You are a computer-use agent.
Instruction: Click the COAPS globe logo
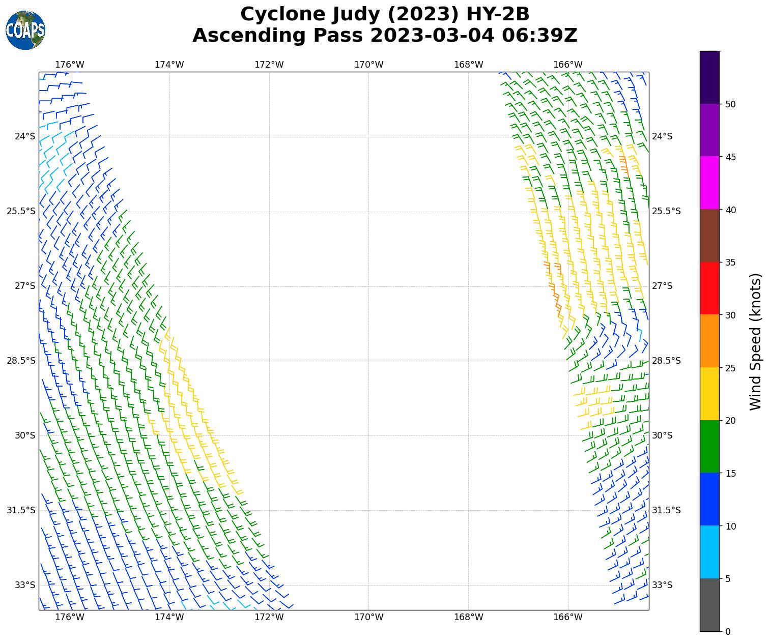point(25,31)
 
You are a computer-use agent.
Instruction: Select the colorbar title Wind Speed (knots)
point(756,341)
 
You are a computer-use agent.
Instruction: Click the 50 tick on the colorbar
point(730,104)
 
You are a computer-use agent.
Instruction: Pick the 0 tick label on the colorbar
point(728,631)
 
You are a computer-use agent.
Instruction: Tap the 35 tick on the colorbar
point(730,262)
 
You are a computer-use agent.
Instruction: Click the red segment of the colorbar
point(710,288)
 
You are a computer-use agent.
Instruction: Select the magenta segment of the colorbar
point(710,183)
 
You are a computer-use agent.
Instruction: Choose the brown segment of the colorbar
point(710,236)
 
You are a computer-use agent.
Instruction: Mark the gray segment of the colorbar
point(710,605)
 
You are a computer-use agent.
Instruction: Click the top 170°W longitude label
point(368,65)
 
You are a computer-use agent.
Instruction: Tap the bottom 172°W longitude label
point(269,618)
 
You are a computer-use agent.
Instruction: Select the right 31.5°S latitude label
point(666,510)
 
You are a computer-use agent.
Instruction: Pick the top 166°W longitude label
point(568,65)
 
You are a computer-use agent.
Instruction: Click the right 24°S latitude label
point(662,136)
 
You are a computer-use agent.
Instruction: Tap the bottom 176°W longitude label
point(70,618)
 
